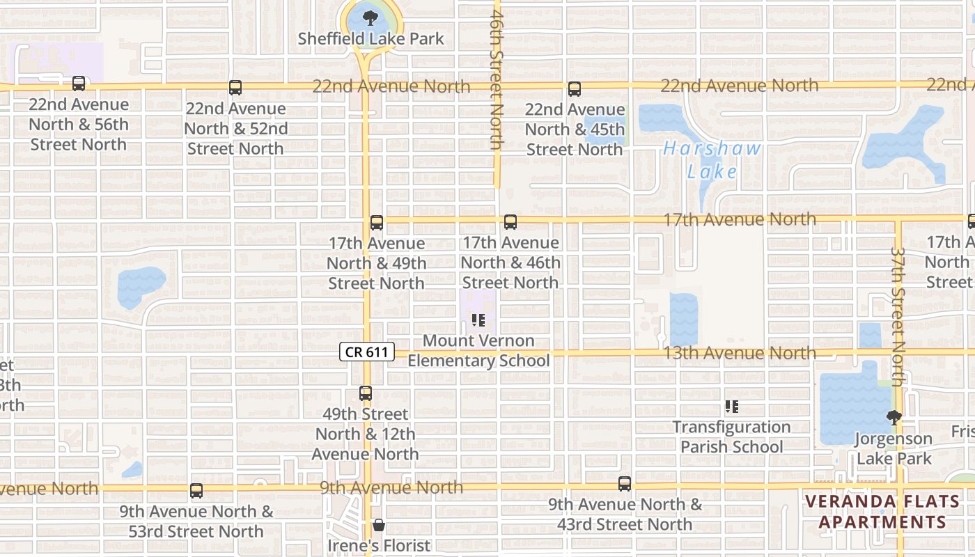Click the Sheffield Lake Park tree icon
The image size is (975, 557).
[x=370, y=19]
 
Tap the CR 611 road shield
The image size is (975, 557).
[x=366, y=352]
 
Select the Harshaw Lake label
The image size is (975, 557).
[x=712, y=159]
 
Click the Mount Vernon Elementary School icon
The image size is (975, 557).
[x=478, y=320]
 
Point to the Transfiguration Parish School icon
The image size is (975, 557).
[x=731, y=407]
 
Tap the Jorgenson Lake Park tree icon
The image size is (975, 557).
[x=894, y=418]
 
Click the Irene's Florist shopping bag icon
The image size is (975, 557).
[x=379, y=524]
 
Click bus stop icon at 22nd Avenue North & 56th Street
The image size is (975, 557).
[x=79, y=84]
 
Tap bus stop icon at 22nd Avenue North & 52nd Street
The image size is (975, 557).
[x=235, y=88]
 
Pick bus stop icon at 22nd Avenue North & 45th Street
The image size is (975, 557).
[x=575, y=89]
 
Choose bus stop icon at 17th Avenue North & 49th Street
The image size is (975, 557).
[x=377, y=223]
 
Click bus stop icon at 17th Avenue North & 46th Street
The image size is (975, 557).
[x=510, y=222]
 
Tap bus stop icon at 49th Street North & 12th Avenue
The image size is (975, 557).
[x=366, y=393]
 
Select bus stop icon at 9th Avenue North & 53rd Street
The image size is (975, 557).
[x=196, y=491]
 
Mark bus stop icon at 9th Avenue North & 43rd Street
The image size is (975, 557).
[x=625, y=484]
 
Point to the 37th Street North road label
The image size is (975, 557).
[x=898, y=317]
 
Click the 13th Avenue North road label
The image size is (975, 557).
[x=740, y=353]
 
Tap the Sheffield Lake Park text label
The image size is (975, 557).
[x=370, y=39]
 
